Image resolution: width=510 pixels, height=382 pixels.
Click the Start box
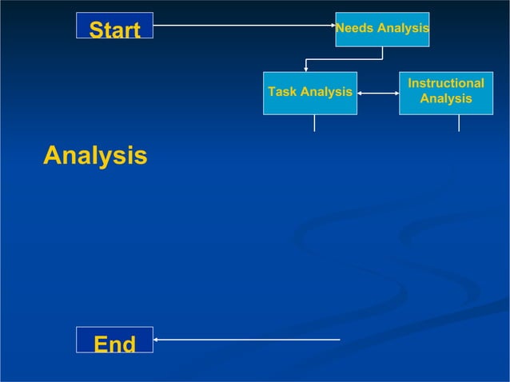(x=115, y=30)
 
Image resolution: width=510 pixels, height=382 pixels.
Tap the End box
(x=114, y=344)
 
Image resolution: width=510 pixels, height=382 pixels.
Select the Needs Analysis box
(x=382, y=30)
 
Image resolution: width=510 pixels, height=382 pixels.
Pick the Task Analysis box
(x=310, y=93)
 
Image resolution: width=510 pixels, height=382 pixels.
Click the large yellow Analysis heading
(x=95, y=156)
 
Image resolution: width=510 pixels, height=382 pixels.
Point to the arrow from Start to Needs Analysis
(x=240, y=26)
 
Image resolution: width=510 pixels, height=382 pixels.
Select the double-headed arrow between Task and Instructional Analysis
(x=378, y=93)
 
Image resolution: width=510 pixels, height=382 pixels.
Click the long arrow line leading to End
(x=248, y=340)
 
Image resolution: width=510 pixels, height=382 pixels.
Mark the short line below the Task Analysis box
(x=314, y=123)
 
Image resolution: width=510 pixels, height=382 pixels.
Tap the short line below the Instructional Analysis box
(x=459, y=123)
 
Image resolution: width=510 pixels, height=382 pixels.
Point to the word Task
(x=282, y=93)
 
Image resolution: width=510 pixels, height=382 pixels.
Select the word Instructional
(x=446, y=84)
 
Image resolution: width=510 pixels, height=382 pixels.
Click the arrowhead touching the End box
(x=157, y=340)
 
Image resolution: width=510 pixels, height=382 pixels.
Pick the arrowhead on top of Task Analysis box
(x=306, y=69)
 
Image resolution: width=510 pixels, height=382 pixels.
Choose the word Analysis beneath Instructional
(x=446, y=100)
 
